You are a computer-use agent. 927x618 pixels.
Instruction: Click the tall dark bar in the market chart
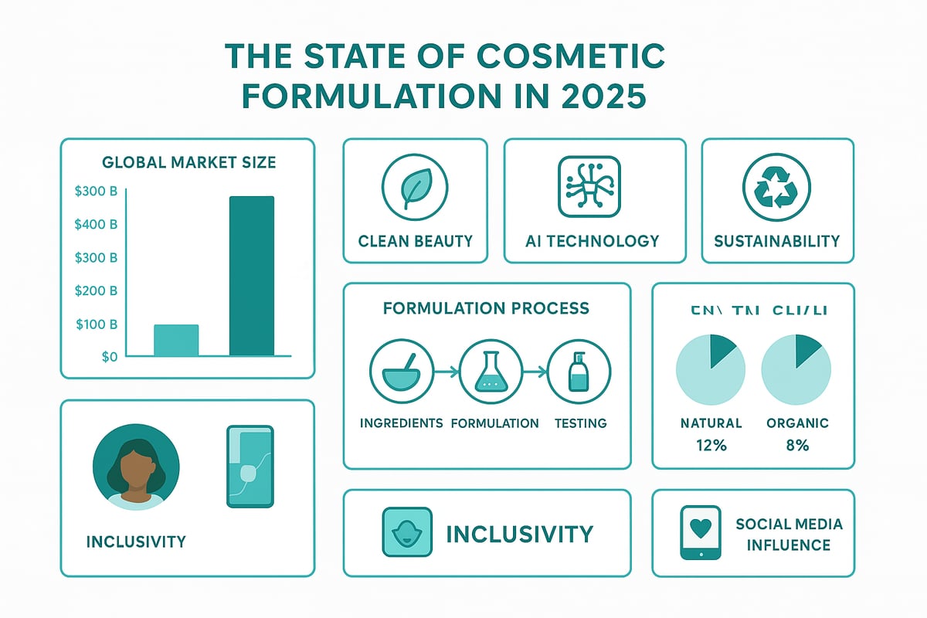252,276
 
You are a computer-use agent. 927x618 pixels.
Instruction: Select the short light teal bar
176,340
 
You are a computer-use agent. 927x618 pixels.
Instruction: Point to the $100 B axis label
96,324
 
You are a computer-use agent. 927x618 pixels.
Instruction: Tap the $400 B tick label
96,225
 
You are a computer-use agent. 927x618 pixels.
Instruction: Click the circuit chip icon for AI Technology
589,186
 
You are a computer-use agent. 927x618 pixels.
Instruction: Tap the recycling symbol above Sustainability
776,186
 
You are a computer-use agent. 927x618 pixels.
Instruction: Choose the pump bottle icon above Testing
579,372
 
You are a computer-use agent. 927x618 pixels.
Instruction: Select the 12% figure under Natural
711,445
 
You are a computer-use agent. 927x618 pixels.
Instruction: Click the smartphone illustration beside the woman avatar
250,466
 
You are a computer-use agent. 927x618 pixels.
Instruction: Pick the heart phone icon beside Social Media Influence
700,532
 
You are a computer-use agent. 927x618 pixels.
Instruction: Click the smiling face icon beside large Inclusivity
406,532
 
